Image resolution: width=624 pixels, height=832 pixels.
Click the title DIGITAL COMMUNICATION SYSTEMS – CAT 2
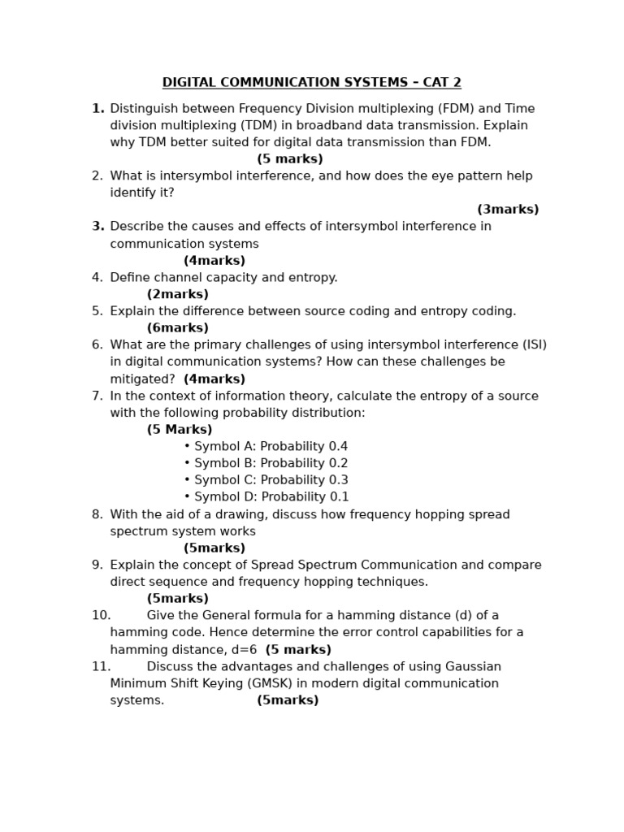[311, 83]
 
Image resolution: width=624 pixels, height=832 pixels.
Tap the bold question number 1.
[97, 109]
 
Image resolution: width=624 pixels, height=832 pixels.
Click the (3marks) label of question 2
[508, 210]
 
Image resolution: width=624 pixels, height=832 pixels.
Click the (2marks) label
[177, 295]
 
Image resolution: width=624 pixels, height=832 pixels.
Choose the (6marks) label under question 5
[177, 328]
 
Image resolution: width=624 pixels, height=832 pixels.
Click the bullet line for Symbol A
[266, 447]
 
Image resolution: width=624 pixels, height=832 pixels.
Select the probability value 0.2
[338, 464]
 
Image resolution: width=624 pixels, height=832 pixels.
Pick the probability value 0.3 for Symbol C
[338, 480]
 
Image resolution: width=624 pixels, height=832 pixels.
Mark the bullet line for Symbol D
[266, 497]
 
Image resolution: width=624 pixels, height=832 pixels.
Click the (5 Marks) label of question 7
[180, 430]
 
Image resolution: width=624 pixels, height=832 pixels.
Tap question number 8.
[97, 514]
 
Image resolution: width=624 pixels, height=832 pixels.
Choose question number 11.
[101, 667]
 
